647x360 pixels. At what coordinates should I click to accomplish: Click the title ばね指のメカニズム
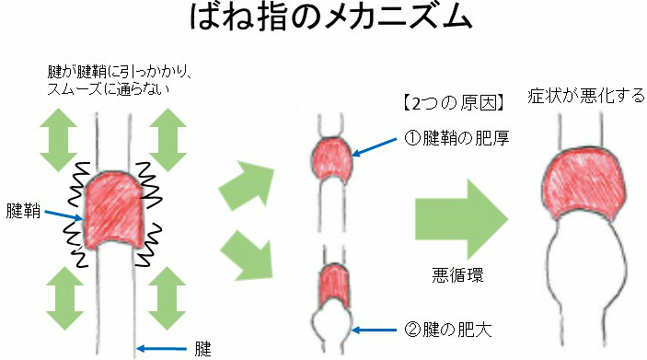pyautogui.click(x=330, y=17)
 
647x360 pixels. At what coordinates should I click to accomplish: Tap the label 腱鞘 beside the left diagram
pyautogui.click(x=23, y=211)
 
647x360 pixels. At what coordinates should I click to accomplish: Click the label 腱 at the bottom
pyautogui.click(x=202, y=349)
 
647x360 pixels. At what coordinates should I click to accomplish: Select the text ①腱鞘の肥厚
pyautogui.click(x=456, y=138)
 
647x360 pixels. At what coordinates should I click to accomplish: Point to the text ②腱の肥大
pyautogui.click(x=447, y=330)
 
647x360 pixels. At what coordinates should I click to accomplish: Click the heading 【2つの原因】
pyautogui.click(x=454, y=103)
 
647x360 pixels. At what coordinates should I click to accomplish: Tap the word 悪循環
pyautogui.click(x=457, y=275)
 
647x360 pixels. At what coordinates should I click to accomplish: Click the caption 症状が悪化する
pyautogui.click(x=586, y=96)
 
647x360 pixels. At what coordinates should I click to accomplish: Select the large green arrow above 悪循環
pyautogui.click(x=461, y=219)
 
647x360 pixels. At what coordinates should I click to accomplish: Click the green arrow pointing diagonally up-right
pyautogui.click(x=247, y=185)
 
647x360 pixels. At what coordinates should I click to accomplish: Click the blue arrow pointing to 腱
pyautogui.click(x=161, y=348)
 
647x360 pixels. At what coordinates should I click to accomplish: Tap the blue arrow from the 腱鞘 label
pyautogui.click(x=64, y=215)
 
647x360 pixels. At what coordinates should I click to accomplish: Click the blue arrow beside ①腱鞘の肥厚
pyautogui.click(x=375, y=147)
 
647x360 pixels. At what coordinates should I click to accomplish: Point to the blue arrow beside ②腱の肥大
pyautogui.click(x=375, y=330)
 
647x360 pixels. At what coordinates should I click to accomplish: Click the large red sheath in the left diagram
pyautogui.click(x=115, y=211)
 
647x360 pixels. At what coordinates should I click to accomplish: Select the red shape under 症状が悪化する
pyautogui.click(x=584, y=184)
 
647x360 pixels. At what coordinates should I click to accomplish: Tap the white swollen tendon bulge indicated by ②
pyautogui.click(x=332, y=324)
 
